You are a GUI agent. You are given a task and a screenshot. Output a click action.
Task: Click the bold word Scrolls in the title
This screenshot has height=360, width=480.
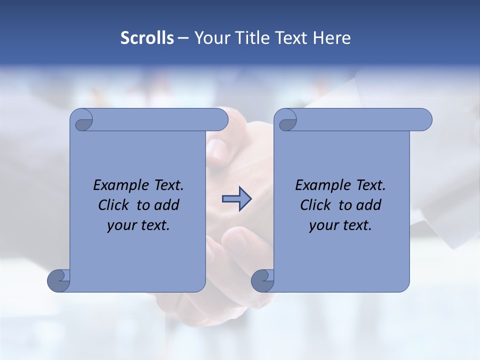(x=147, y=38)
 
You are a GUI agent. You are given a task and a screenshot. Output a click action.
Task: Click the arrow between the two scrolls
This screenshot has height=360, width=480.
(x=236, y=199)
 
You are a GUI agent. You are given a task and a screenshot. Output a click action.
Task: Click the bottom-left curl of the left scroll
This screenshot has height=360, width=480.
(x=59, y=280)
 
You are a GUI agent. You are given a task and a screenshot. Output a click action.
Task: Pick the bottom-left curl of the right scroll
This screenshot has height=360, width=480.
(x=262, y=280)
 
